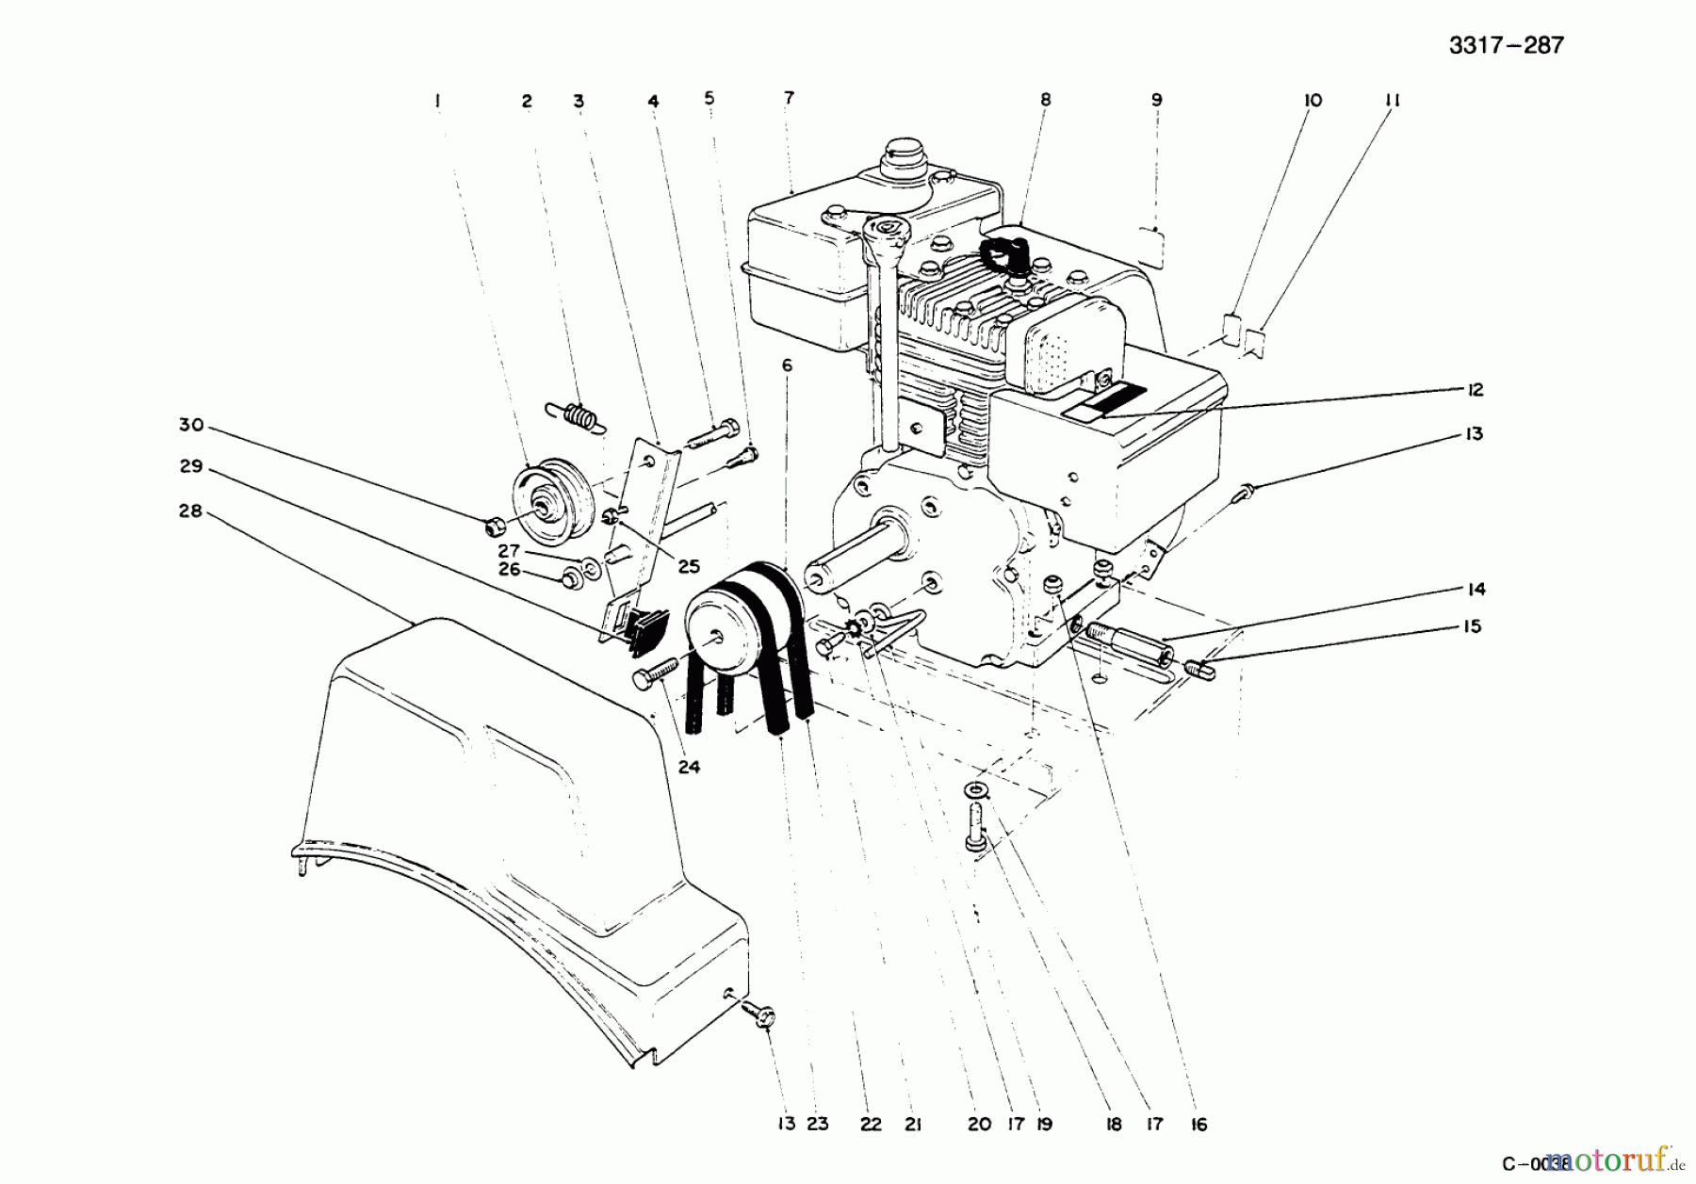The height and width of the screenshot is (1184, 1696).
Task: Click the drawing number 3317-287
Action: pyautogui.click(x=1506, y=45)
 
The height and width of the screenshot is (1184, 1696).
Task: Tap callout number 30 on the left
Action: pyautogui.click(x=191, y=425)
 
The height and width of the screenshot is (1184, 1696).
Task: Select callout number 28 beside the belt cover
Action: pyautogui.click(x=190, y=511)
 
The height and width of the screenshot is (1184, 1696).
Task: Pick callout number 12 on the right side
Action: pyautogui.click(x=1475, y=389)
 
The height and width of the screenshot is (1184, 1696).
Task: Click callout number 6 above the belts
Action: pyautogui.click(x=787, y=365)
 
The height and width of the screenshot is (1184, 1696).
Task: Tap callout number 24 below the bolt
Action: pyautogui.click(x=689, y=767)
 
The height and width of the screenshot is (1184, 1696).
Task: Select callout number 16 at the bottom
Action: pyautogui.click(x=1199, y=1124)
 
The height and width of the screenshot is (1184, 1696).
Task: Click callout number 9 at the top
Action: pyautogui.click(x=1156, y=100)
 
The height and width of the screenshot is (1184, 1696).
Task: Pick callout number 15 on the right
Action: pyautogui.click(x=1472, y=626)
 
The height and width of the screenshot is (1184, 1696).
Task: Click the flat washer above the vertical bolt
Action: pyautogui.click(x=976, y=789)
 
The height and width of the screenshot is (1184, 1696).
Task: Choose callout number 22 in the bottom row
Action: pyautogui.click(x=870, y=1124)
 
